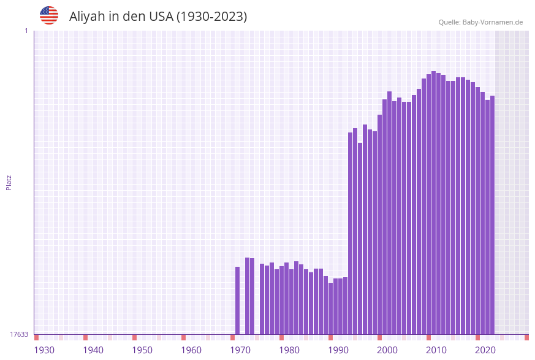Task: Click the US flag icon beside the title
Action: [x=49, y=15]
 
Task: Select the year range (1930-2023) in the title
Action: [x=211, y=17]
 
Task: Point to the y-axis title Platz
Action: [x=9, y=182]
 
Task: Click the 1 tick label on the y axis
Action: [x=26, y=31]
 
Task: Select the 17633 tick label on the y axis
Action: [x=19, y=334]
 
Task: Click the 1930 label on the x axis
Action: [x=44, y=350]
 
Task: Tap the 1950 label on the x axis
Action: [x=142, y=350]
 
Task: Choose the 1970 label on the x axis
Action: [x=240, y=350]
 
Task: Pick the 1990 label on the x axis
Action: [x=338, y=350]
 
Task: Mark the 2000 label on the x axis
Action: [x=387, y=350]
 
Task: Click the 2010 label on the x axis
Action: [x=436, y=350]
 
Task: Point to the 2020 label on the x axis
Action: [x=485, y=350]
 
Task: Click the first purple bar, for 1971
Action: [x=238, y=301]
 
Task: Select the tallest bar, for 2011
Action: [x=434, y=202]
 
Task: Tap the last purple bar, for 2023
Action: [x=493, y=215]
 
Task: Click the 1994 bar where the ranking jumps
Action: [x=351, y=233]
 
